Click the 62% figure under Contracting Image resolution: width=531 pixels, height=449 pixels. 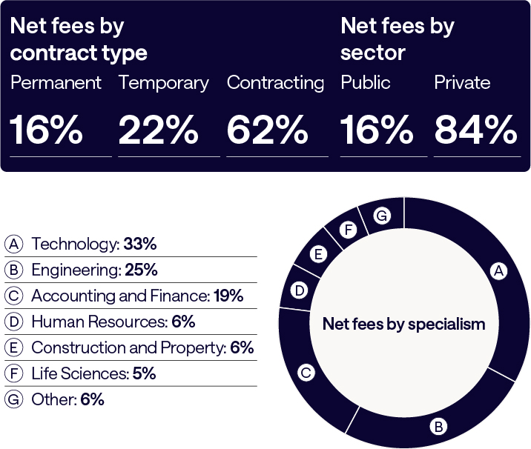(267, 130)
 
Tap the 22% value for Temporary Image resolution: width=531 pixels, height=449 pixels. (159, 130)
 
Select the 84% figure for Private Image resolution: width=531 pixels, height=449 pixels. (475, 130)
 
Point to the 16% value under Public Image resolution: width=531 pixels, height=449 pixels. (376, 130)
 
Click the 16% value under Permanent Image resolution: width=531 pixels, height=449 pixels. (46, 130)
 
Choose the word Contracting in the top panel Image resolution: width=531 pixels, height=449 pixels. (275, 82)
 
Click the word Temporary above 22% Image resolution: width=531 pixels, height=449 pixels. (163, 82)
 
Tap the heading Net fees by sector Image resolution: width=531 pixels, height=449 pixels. (397, 40)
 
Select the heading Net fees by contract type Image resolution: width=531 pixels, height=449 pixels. (79, 40)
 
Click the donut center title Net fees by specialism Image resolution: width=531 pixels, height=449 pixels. (403, 324)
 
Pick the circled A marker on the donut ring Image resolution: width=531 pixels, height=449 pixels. (499, 272)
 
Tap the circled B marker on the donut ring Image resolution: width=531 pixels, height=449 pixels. (438, 426)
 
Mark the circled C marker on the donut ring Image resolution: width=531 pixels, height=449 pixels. (306, 373)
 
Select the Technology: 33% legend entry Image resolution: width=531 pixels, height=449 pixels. (93, 245)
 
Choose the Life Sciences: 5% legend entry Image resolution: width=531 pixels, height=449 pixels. (93, 373)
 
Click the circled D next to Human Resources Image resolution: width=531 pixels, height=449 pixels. (13, 322)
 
